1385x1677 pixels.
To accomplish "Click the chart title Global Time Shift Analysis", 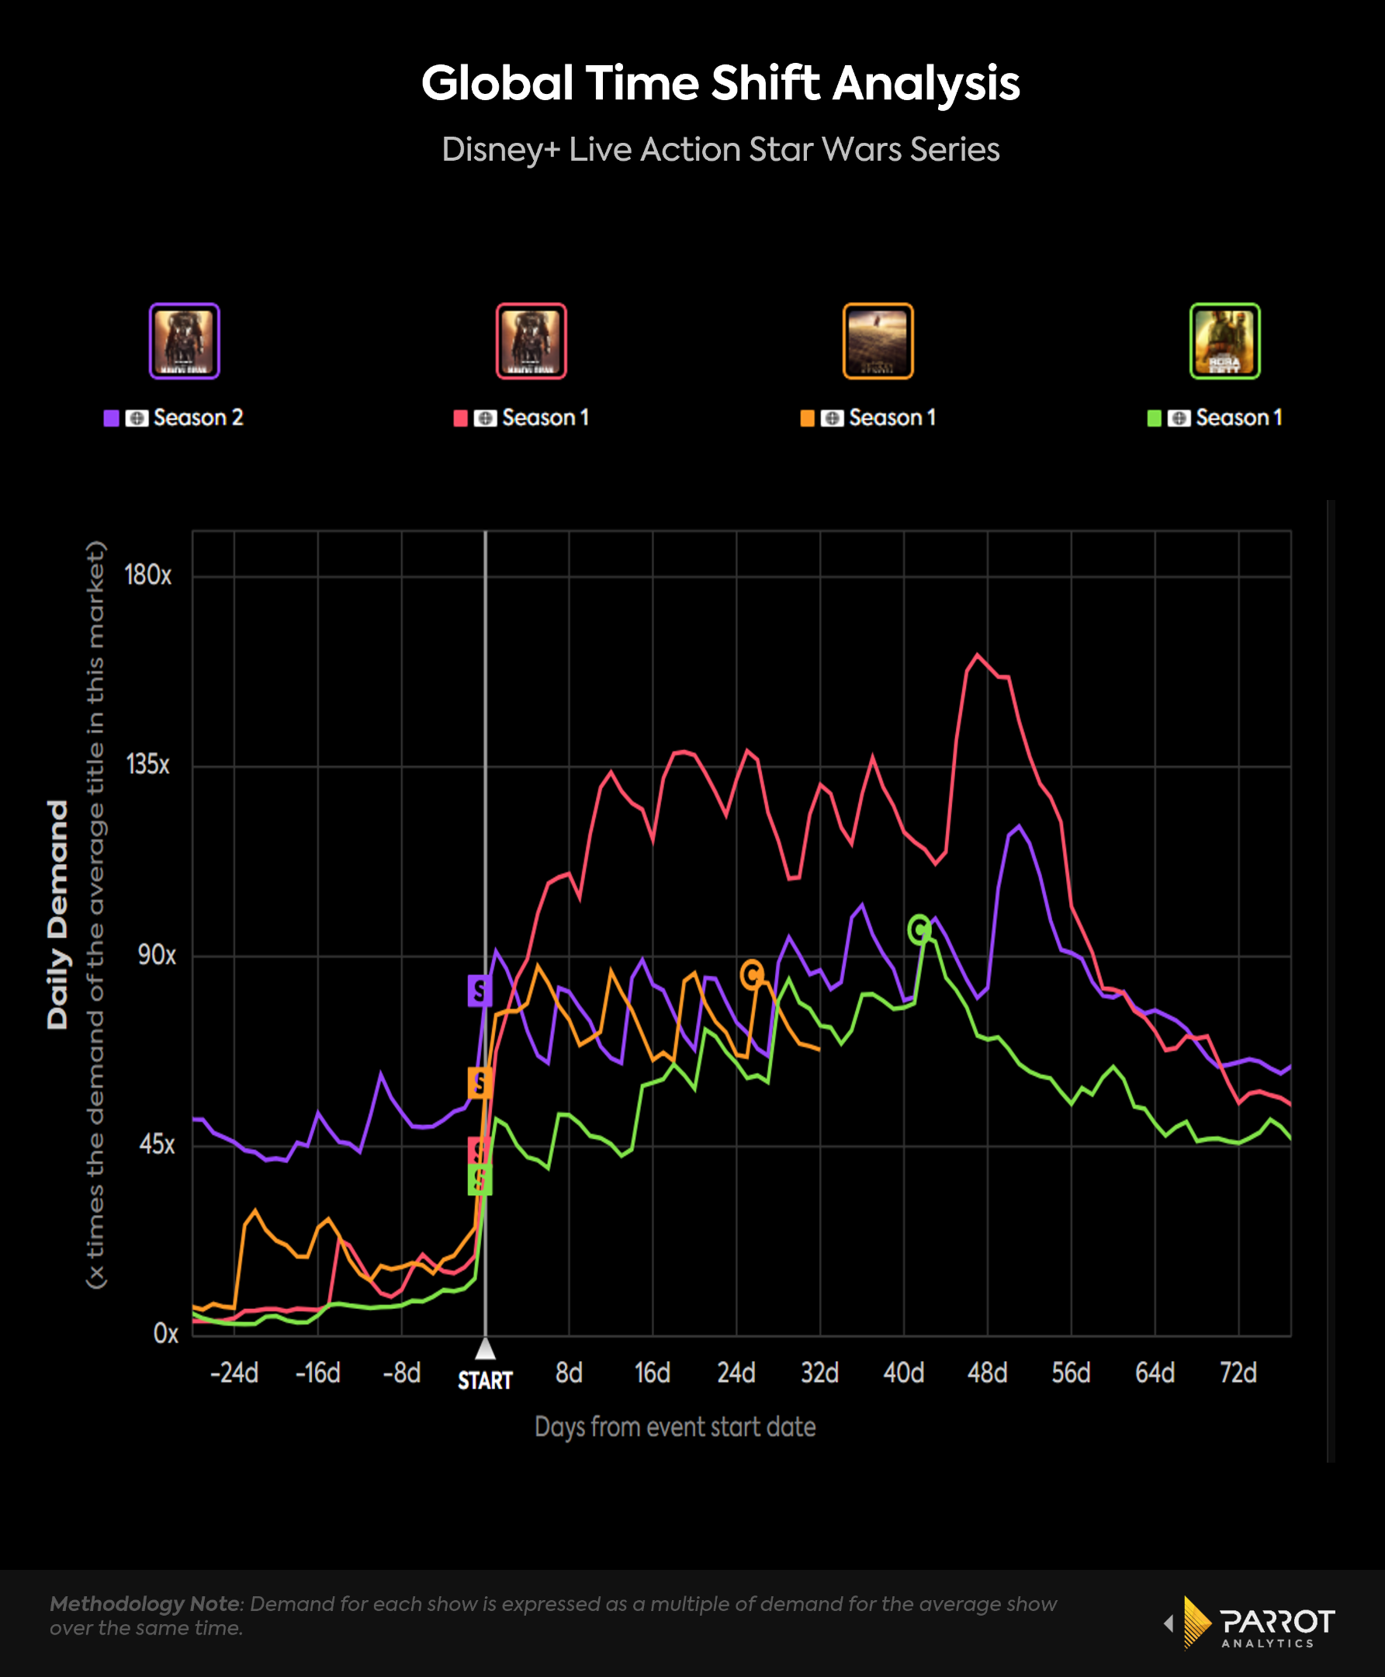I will tap(719, 83).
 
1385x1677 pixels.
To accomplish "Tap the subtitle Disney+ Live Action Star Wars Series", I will tap(719, 150).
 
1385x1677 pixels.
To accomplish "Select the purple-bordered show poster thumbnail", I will tap(185, 341).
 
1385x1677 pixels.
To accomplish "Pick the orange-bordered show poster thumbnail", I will tap(878, 341).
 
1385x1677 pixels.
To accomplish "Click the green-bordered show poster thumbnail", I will tap(1224, 341).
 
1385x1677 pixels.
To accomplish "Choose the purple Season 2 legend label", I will tap(197, 418).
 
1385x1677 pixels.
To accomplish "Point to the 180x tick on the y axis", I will tap(147, 575).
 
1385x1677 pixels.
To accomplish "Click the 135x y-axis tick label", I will tap(147, 765).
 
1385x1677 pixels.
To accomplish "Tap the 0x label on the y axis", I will tap(165, 1334).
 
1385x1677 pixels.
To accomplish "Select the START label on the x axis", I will tap(485, 1380).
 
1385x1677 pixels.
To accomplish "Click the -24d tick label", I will tap(234, 1373).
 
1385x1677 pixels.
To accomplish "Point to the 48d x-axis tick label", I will tap(987, 1373).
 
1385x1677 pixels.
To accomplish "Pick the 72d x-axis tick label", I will tap(1238, 1373).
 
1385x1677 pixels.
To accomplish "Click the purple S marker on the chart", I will tap(480, 991).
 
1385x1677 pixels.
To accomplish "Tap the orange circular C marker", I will tap(752, 974).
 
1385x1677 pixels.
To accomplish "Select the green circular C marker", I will tap(919, 929).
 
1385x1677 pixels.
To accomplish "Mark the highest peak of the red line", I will tap(978, 655).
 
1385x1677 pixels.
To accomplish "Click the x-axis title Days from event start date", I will tap(675, 1427).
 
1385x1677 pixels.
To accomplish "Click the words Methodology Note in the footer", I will tap(144, 1604).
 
